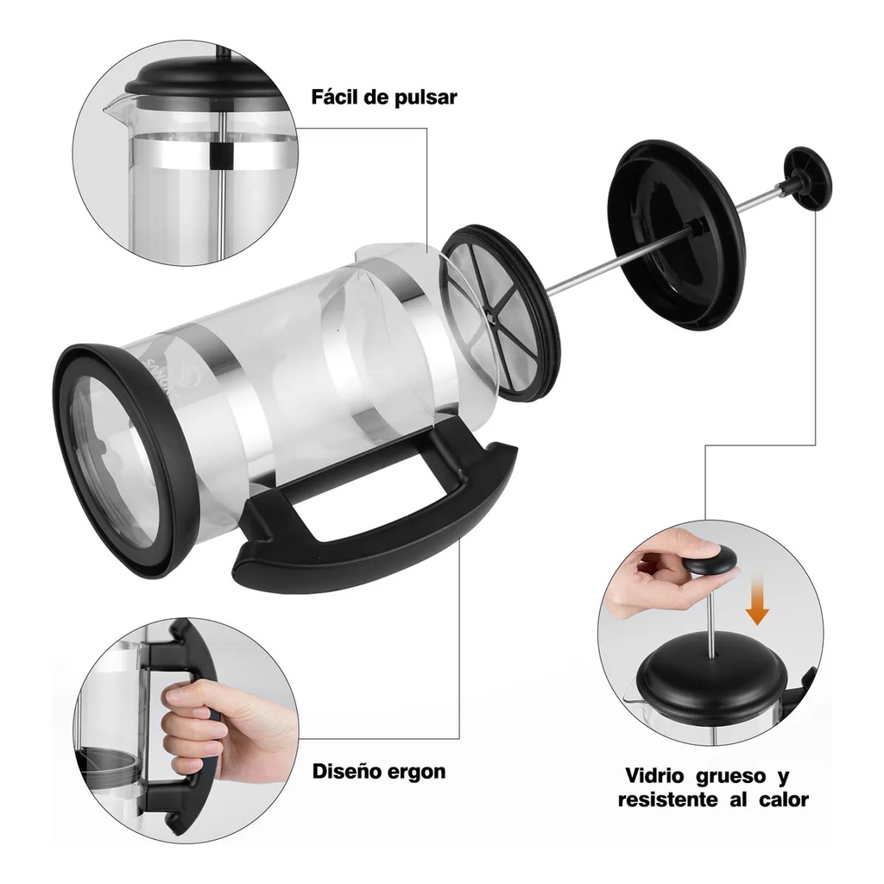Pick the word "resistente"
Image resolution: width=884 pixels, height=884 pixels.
668,799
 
